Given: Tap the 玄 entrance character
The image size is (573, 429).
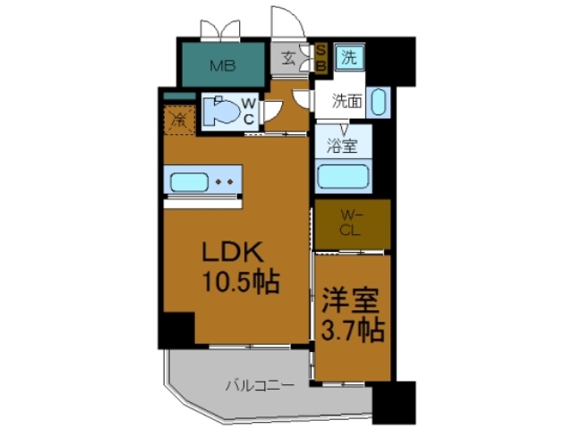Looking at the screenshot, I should pos(289,61).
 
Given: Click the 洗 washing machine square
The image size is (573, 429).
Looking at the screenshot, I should pos(348,60).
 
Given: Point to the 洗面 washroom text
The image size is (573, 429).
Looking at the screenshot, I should pos(347,101).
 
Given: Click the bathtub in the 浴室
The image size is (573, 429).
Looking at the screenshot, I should pos(342,178).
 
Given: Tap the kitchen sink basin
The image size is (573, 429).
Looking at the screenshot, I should pos(189,183).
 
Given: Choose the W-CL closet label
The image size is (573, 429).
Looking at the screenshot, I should pos(353,221).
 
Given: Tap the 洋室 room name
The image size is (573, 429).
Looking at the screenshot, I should pos(352,299).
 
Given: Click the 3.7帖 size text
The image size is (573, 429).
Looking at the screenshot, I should pos(352,330).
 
